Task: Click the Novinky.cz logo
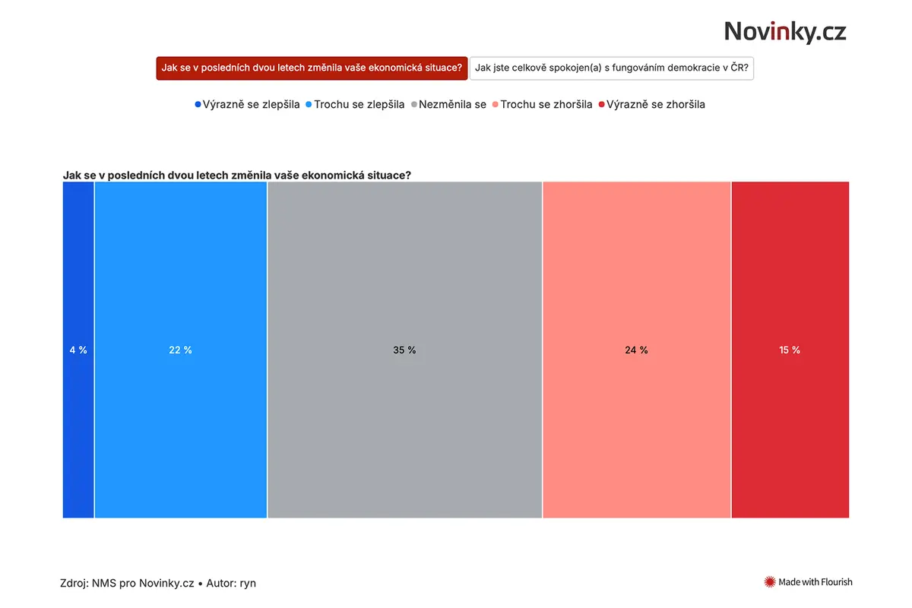(x=784, y=32)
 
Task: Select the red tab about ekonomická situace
(x=312, y=68)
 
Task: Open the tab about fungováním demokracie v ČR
(x=612, y=68)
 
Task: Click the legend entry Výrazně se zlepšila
(x=247, y=105)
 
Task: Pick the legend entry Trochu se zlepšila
(x=355, y=105)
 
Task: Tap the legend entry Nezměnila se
(x=448, y=105)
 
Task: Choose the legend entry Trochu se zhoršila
(x=543, y=105)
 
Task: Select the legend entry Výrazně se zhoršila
(x=652, y=105)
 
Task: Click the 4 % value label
(x=78, y=350)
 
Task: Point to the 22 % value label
(x=180, y=350)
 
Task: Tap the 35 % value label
(x=404, y=350)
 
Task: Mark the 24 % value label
(x=636, y=350)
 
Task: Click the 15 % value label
(x=790, y=350)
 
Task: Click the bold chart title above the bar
(x=237, y=175)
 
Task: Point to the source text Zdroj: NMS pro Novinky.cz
(x=127, y=583)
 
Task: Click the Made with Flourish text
(x=815, y=582)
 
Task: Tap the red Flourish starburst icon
(x=769, y=582)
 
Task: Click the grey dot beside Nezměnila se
(x=414, y=105)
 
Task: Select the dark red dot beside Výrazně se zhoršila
(x=601, y=105)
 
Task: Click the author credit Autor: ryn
(x=231, y=583)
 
